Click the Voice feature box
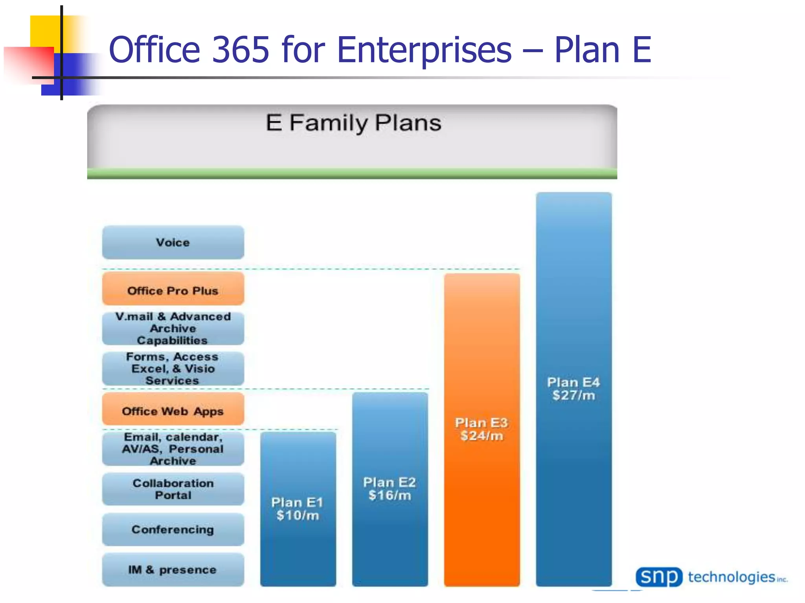(x=173, y=242)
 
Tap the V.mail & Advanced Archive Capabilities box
(x=173, y=329)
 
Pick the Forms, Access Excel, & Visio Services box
(x=173, y=369)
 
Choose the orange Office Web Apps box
(x=173, y=410)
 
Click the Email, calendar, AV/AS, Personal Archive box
(x=173, y=449)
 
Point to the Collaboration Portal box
(x=173, y=489)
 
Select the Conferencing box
(x=173, y=530)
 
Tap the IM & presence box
(x=173, y=570)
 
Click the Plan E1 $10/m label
(x=298, y=509)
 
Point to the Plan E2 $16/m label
(x=390, y=489)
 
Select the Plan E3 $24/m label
(x=482, y=429)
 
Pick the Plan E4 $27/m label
(x=573, y=389)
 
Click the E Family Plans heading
(x=353, y=123)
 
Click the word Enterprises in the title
(x=424, y=50)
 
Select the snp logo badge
(x=659, y=577)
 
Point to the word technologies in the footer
(x=731, y=577)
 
